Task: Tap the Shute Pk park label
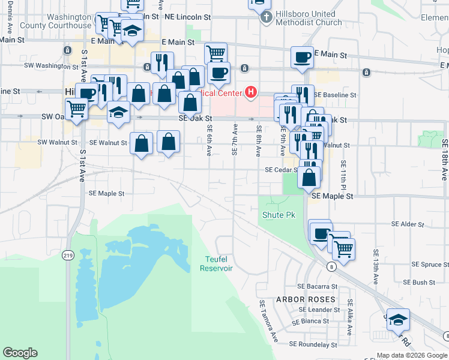[279, 215]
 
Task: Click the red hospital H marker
[252, 92]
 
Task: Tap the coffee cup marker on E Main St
[302, 58]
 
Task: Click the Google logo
[20, 353]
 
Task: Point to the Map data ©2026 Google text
[411, 355]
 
